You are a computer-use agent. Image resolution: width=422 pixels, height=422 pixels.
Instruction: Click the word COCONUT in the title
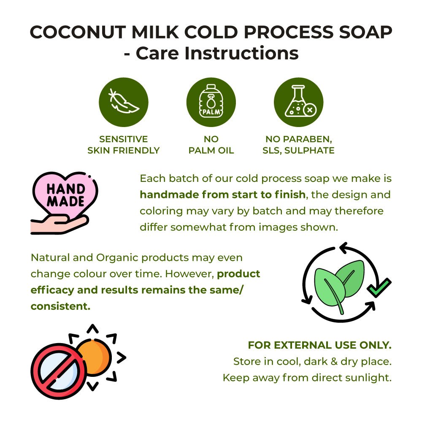point(78,32)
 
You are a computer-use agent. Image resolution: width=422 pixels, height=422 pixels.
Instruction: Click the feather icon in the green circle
point(124,101)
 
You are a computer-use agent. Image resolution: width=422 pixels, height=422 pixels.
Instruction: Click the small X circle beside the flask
point(310,110)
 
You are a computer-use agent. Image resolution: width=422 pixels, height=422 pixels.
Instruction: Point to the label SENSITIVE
point(124,139)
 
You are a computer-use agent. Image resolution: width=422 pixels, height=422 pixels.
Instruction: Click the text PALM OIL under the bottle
point(211,151)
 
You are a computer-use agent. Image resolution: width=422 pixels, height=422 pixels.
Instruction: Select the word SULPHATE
point(309,151)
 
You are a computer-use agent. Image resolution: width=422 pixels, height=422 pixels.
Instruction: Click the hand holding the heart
point(60,225)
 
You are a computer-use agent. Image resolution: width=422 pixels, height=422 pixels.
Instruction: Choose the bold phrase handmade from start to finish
point(222,195)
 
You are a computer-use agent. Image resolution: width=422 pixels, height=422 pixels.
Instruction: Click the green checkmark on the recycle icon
point(379,287)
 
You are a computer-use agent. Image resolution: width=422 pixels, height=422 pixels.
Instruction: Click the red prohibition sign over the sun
point(59,371)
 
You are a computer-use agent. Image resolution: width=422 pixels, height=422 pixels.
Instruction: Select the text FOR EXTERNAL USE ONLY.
point(320,345)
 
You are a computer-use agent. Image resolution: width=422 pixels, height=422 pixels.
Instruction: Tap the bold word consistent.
point(60,306)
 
